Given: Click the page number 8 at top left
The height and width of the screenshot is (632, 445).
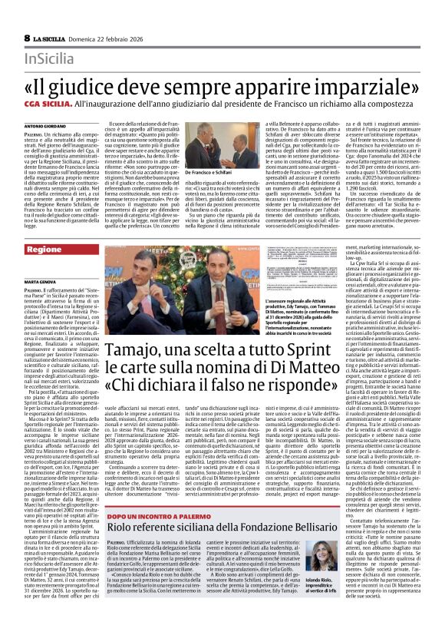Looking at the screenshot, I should tap(27, 38).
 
